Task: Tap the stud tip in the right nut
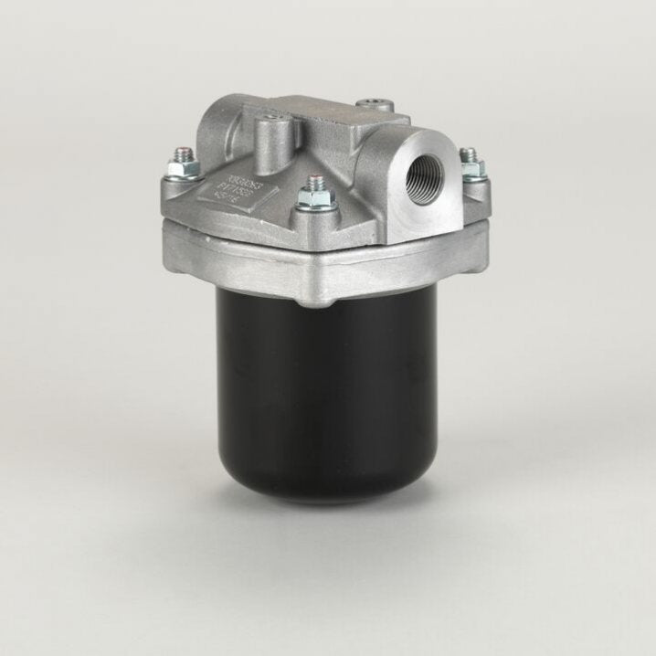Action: pyautogui.click(x=468, y=153)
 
